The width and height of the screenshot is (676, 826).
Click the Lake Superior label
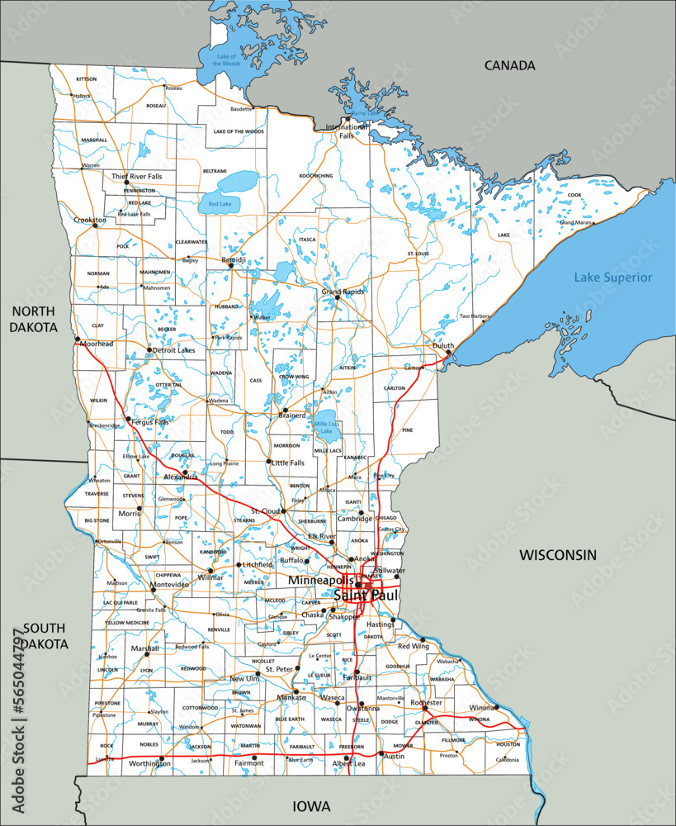tap(612, 278)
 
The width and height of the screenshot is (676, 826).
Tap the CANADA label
tap(509, 65)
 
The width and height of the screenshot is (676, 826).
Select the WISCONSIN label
tap(557, 555)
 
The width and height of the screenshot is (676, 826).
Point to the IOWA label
tap(311, 805)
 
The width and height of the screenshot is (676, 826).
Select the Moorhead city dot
tap(77, 339)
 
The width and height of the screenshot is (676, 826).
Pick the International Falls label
tap(346, 131)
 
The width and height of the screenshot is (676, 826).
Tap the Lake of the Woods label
tap(227, 59)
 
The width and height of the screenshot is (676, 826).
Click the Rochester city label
tap(427, 703)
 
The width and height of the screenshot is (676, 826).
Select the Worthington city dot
tap(161, 757)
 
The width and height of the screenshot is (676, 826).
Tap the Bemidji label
tap(233, 260)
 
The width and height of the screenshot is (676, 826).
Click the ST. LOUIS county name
tap(418, 253)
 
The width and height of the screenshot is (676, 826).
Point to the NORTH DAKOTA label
tap(33, 319)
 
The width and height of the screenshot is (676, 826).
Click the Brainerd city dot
tap(285, 410)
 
